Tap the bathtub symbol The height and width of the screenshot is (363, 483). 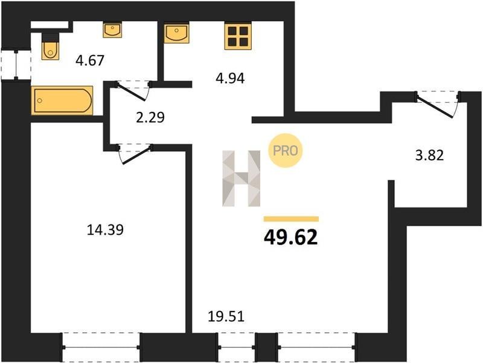[x=62, y=100]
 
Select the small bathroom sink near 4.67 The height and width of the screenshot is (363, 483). [x=112, y=30]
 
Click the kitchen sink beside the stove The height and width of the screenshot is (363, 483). [x=176, y=33]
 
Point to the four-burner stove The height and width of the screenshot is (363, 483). [x=238, y=36]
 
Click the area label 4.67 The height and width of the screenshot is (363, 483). [x=90, y=60]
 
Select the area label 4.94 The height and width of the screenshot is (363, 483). [x=230, y=79]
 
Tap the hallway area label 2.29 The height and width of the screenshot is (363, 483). [x=150, y=117]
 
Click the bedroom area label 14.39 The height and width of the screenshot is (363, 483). [x=105, y=230]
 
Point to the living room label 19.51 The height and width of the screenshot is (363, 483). [x=226, y=316]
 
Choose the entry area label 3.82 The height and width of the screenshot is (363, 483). [x=430, y=155]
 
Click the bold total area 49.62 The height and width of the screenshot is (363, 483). [x=291, y=238]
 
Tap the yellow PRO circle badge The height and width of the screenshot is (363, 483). [x=286, y=151]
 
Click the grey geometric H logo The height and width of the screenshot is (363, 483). [x=241, y=178]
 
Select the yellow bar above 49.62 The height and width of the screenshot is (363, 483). [x=291, y=219]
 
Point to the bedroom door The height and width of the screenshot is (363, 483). [x=135, y=154]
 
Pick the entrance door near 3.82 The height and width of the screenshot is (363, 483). [x=437, y=104]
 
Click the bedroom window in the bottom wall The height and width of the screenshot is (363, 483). [x=101, y=347]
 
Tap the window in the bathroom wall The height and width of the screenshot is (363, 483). [x=16, y=65]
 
